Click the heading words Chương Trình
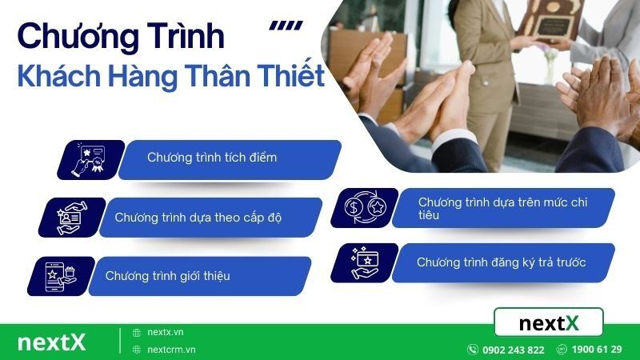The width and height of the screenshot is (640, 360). click(x=120, y=38)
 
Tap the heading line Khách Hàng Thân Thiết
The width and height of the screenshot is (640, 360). click(x=170, y=77)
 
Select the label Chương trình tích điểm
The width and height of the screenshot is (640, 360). click(x=212, y=158)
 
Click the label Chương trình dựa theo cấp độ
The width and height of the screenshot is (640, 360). click(x=198, y=217)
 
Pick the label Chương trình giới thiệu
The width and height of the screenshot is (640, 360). click(x=168, y=276)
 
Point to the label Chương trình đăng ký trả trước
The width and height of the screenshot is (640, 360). click(x=502, y=262)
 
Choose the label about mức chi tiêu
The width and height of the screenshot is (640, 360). click(x=502, y=208)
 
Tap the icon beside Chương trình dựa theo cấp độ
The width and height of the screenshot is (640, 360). click(x=70, y=217)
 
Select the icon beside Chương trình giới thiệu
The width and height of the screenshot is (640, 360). click(x=60, y=276)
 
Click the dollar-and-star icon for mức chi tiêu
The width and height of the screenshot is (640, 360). click(x=364, y=207)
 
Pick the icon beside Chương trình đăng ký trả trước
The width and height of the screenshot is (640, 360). click(x=364, y=262)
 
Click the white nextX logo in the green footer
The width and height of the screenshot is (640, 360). click(x=51, y=342)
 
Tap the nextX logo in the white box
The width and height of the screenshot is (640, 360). click(x=548, y=322)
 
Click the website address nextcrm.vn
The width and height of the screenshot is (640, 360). click(x=171, y=350)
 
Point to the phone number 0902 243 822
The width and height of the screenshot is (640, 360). click(x=513, y=350)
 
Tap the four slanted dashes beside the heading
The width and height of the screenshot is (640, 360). click(x=286, y=26)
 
